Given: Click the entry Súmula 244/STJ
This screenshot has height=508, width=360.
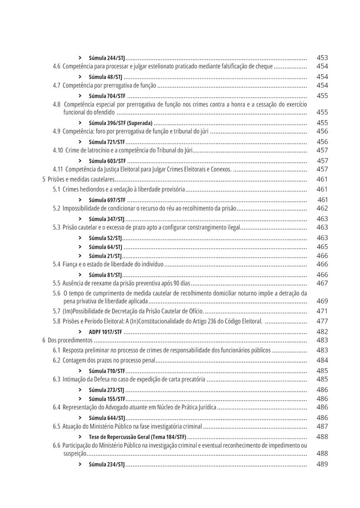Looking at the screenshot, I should (x=107, y=58).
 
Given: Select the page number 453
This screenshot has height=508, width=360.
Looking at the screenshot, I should (x=322, y=58).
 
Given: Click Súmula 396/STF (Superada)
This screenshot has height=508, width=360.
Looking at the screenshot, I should (x=121, y=123).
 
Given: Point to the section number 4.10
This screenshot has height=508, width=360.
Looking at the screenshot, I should (x=58, y=150).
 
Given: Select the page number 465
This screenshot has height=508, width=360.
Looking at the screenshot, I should (x=322, y=247).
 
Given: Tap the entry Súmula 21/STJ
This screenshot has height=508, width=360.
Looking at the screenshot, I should (x=105, y=256).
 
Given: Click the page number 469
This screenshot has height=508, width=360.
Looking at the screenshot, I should (x=322, y=301).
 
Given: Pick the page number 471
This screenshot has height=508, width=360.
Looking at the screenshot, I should (x=322, y=311).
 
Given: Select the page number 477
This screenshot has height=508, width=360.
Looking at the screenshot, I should (x=322, y=321).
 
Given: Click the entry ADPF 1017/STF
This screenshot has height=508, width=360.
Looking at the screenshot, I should (x=105, y=332).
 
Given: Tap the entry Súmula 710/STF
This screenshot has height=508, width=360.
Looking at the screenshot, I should (x=107, y=371).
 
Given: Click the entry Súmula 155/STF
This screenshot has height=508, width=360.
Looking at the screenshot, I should (x=107, y=399).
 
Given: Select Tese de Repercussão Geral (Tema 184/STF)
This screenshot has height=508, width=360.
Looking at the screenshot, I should (x=137, y=436).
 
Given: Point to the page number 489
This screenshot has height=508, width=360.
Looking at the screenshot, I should (x=322, y=464).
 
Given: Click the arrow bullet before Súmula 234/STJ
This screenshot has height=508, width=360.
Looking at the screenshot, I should (x=80, y=464).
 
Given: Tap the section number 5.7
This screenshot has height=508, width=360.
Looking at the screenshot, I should (x=56, y=311).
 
